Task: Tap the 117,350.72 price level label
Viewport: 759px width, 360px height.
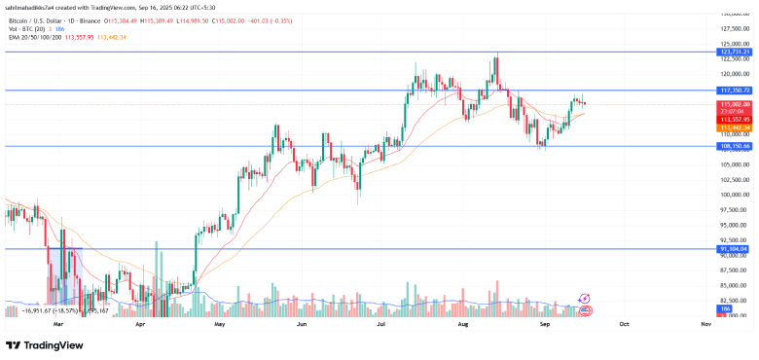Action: (x=732, y=90)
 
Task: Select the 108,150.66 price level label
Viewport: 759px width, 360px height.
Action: (x=732, y=146)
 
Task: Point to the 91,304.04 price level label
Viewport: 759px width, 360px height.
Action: (x=732, y=249)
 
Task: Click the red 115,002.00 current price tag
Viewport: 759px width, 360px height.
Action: (x=732, y=104)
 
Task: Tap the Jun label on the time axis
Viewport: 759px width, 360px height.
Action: (x=302, y=321)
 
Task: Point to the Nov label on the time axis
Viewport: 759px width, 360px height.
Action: (x=705, y=321)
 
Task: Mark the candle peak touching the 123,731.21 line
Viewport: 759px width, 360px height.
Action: (x=496, y=54)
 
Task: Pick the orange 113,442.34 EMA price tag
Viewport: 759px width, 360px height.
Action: (x=732, y=127)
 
